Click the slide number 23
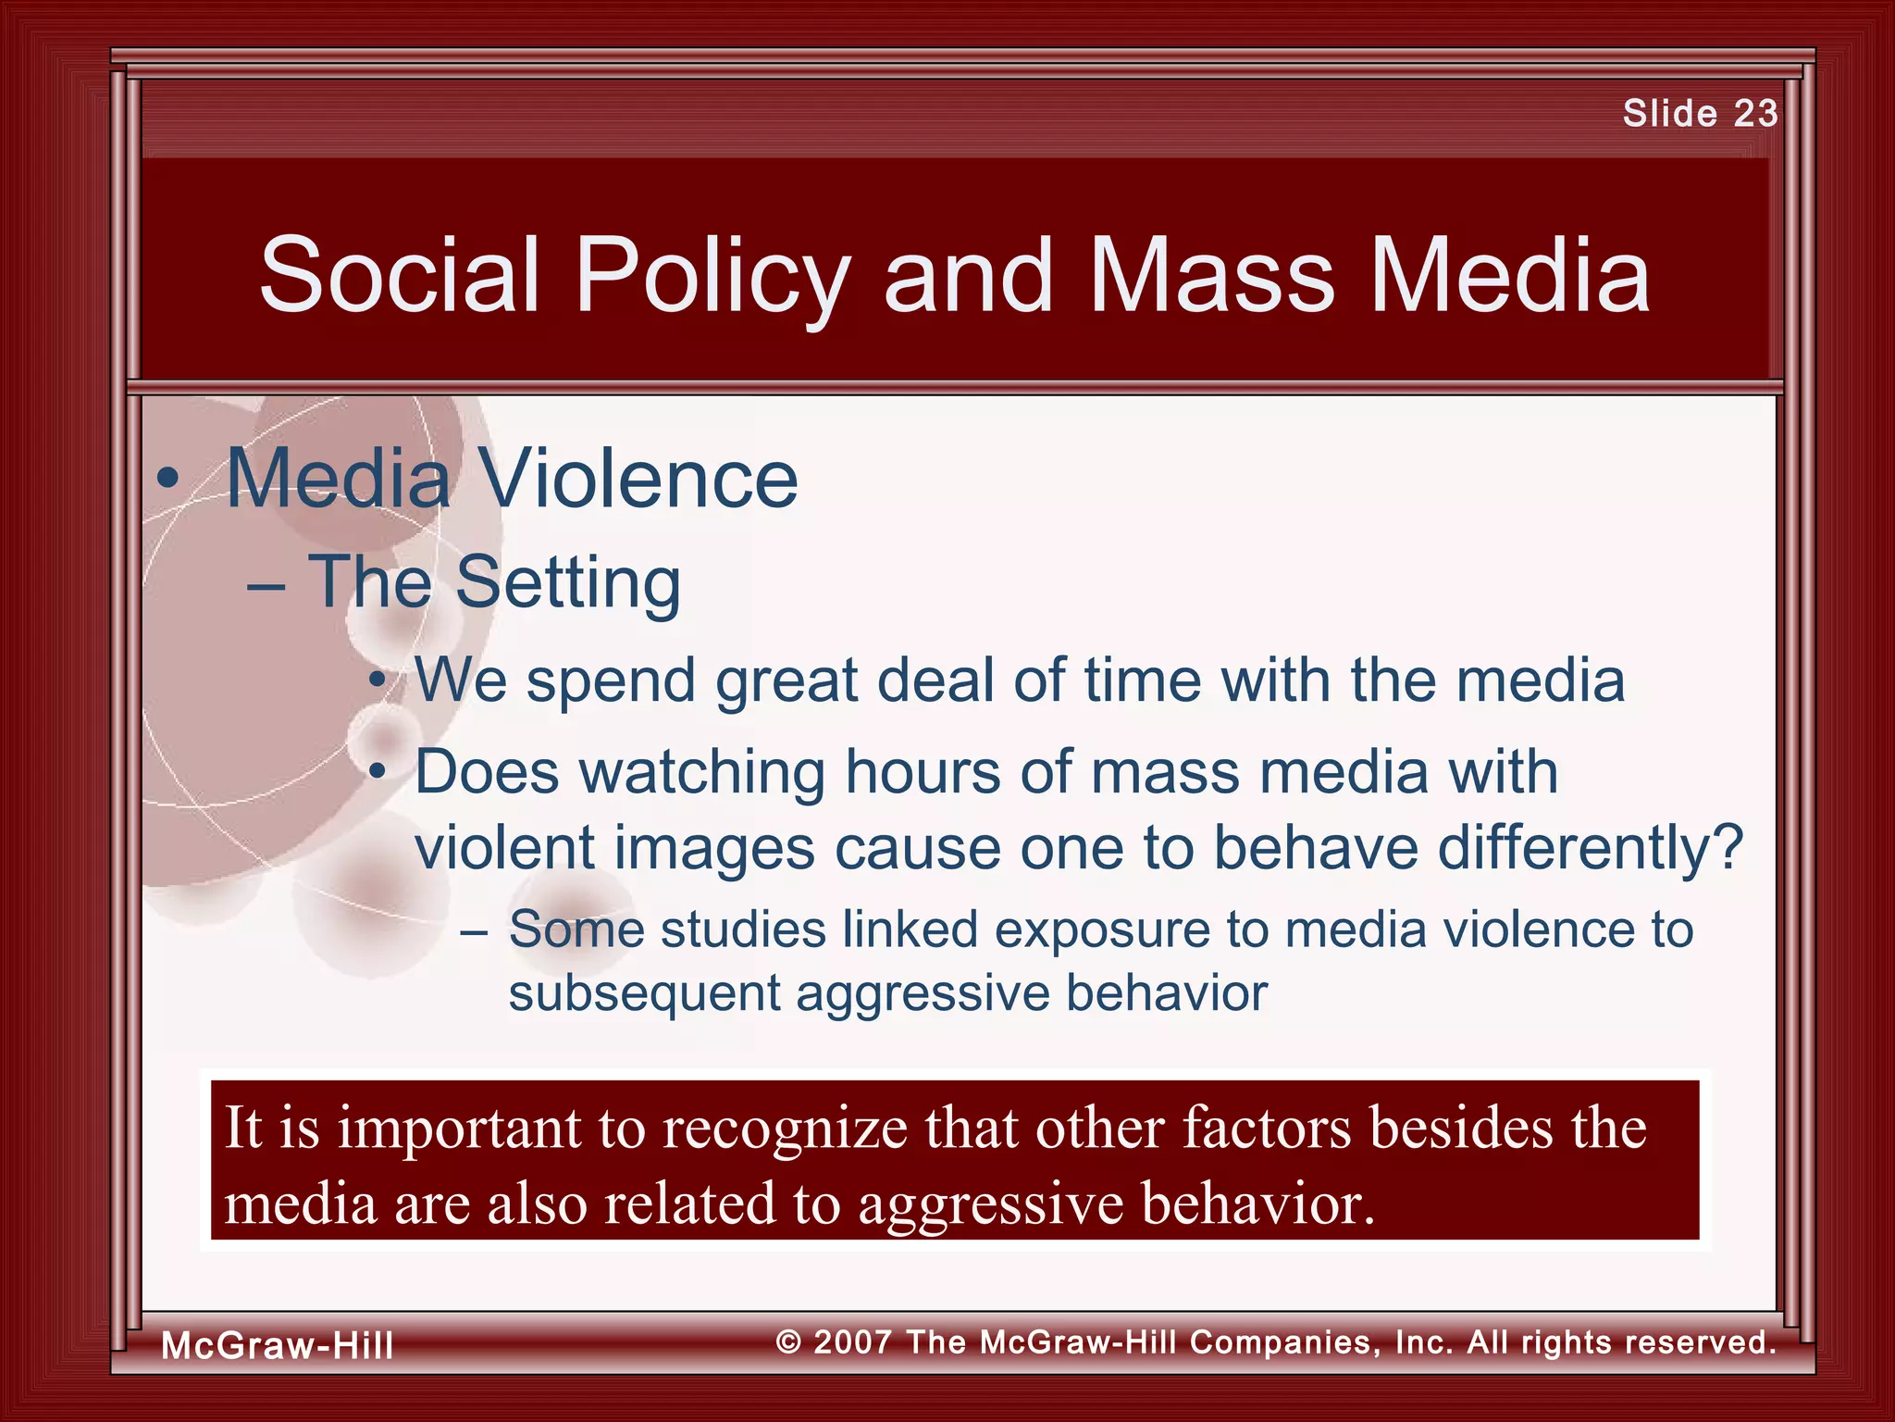[x=1755, y=113]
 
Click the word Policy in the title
[x=712, y=275]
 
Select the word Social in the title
[x=399, y=275]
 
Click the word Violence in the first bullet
[x=638, y=479]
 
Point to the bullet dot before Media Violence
[x=167, y=480]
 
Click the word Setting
[x=567, y=583]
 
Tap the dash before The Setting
[x=266, y=587]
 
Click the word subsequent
[x=644, y=993]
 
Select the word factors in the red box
[x=1266, y=1129]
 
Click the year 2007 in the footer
[x=852, y=1341]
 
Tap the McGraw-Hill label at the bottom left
[x=278, y=1345]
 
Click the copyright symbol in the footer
[x=788, y=1342]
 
